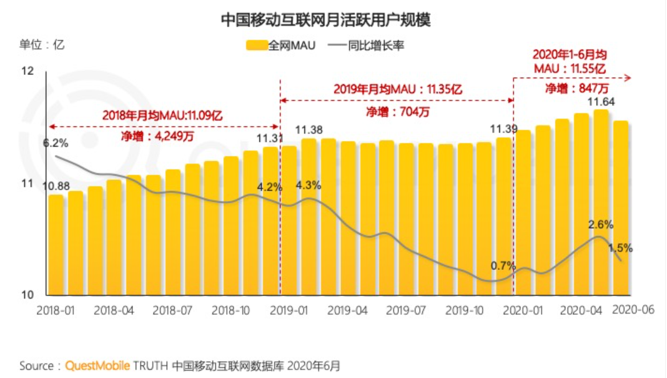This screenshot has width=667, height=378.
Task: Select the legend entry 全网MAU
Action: [x=280, y=45]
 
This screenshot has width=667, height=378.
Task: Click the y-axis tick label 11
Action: [x=26, y=184]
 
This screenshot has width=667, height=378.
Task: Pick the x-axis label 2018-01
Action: [x=56, y=309]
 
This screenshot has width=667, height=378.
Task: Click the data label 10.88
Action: [x=56, y=186]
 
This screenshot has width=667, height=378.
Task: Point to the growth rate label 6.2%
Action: [x=56, y=142]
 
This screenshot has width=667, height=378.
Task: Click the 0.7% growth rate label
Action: [x=503, y=266]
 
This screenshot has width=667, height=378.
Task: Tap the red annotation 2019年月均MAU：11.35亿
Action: [x=397, y=89]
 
